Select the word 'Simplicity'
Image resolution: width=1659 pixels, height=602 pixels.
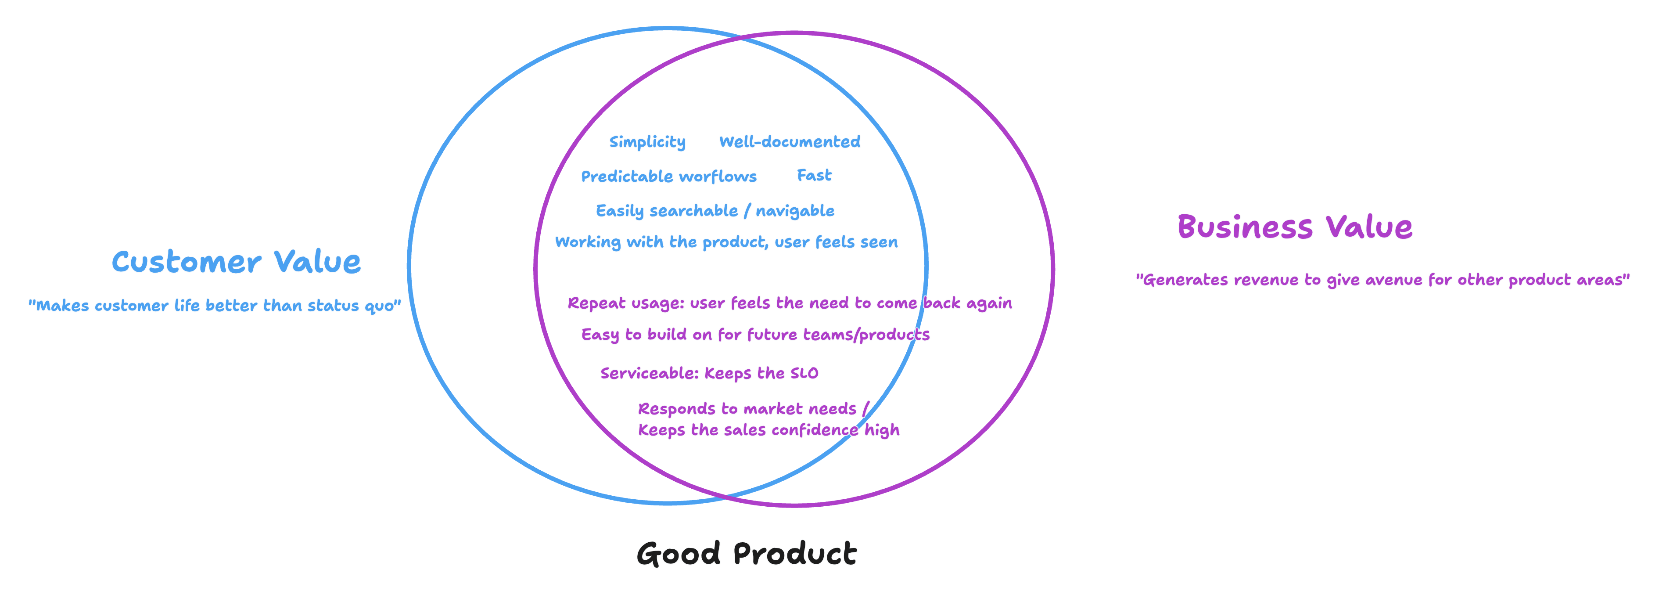tap(647, 142)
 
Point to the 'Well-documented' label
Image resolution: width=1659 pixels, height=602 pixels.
tap(790, 142)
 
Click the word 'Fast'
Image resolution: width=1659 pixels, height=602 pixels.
tap(814, 175)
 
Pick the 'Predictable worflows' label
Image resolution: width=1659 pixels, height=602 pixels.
tap(668, 177)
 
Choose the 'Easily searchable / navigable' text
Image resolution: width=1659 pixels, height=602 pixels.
tap(715, 211)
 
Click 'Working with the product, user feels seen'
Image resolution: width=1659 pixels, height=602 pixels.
tap(726, 242)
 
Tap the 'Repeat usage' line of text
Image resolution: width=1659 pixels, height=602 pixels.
tap(790, 303)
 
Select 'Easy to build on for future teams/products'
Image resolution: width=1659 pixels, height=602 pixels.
tap(755, 335)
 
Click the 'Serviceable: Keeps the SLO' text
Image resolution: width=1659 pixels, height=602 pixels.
tap(709, 373)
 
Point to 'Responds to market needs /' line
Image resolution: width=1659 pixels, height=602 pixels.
tap(753, 409)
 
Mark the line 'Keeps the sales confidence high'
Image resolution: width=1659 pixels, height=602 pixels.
tap(768, 430)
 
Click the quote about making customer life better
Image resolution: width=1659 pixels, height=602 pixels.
tap(215, 306)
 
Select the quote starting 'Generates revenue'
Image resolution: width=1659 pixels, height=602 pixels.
tap(1382, 280)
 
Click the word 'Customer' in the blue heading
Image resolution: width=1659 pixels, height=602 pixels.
tap(186, 262)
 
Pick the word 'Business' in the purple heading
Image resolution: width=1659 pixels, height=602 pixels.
tap(1244, 227)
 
